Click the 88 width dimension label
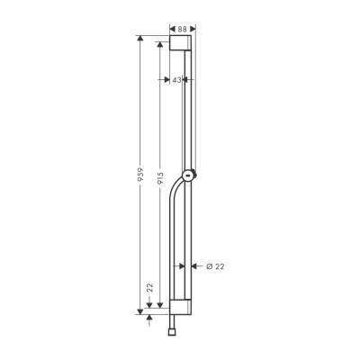(182, 28)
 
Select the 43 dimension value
(178, 79)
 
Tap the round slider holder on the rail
(188, 175)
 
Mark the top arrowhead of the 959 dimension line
(139, 40)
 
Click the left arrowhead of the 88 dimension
(171, 28)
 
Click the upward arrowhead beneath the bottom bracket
(148, 318)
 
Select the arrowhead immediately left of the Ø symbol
(192, 265)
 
